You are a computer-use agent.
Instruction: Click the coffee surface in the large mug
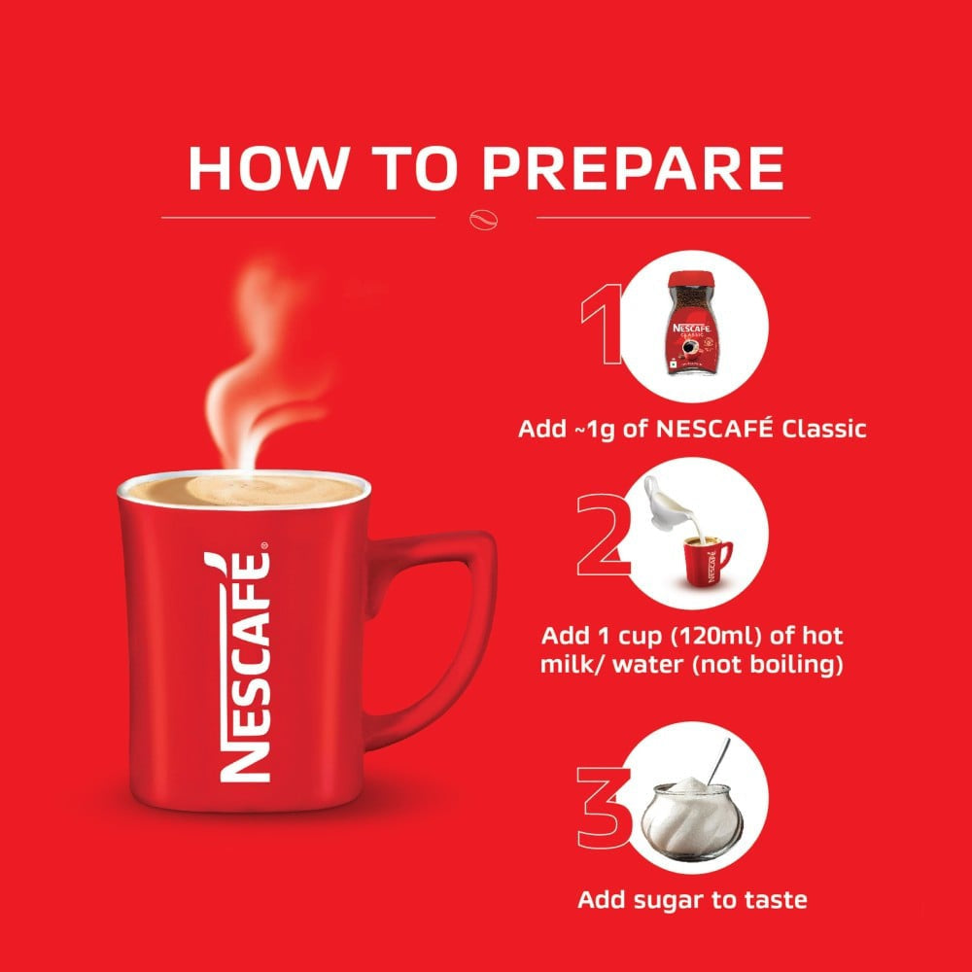click(x=243, y=491)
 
